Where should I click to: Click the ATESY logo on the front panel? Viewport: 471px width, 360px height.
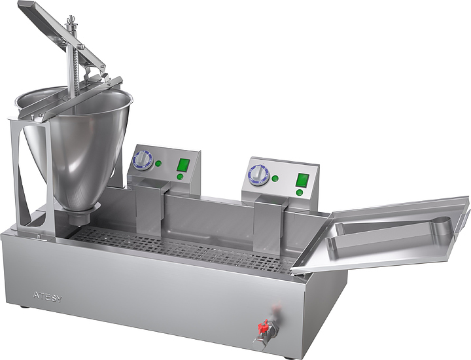(48, 297)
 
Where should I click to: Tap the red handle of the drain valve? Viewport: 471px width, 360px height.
(264, 326)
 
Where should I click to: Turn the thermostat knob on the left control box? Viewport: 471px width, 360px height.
(143, 158)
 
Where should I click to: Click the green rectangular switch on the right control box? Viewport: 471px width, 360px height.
(302, 179)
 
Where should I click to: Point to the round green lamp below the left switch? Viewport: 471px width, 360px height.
(180, 176)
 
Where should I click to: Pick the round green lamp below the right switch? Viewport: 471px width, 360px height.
(299, 192)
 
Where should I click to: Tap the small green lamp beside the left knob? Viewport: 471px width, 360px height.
(158, 164)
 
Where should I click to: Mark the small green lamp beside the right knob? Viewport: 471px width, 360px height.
(275, 179)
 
